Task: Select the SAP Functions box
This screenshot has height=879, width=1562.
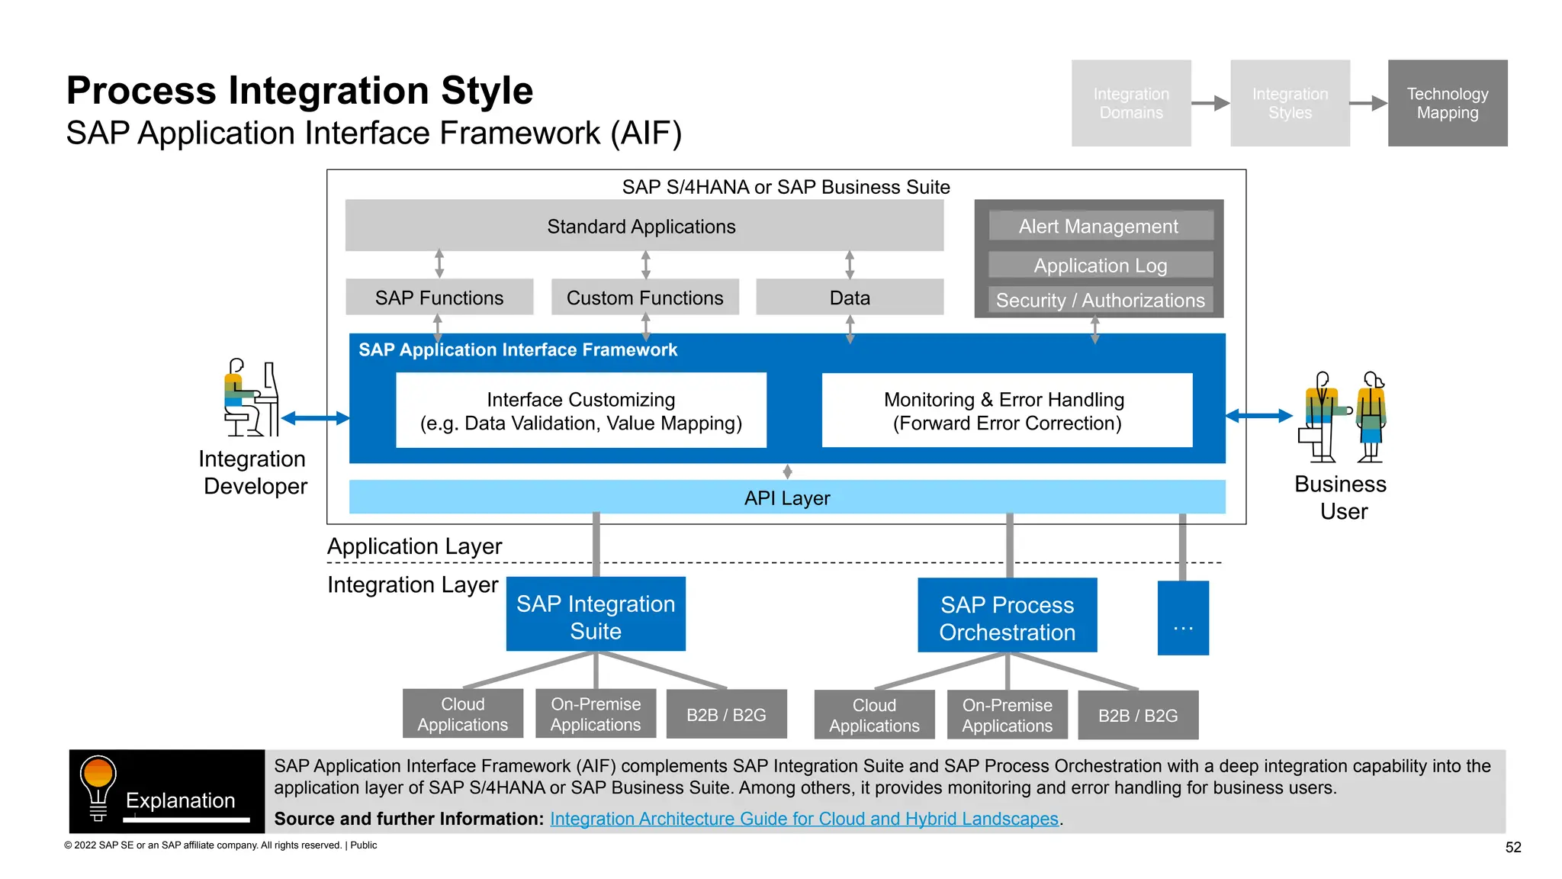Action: click(439, 298)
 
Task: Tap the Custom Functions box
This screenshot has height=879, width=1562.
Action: click(644, 298)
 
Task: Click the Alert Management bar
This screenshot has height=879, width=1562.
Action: click(1099, 226)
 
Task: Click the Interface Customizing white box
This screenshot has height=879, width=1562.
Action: click(580, 411)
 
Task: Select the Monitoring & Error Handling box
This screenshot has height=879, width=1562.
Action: click(1006, 411)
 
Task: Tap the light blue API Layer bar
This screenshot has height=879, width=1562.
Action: click(786, 497)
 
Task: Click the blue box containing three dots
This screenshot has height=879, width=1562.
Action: click(1182, 619)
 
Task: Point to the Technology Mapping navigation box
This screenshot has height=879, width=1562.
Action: click(1447, 103)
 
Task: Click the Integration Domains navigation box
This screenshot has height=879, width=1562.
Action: click(1130, 103)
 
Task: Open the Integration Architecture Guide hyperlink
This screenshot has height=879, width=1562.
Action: click(804, 819)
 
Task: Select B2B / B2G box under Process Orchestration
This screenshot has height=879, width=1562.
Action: click(1137, 716)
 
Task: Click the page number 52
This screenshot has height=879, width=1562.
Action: click(1513, 847)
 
